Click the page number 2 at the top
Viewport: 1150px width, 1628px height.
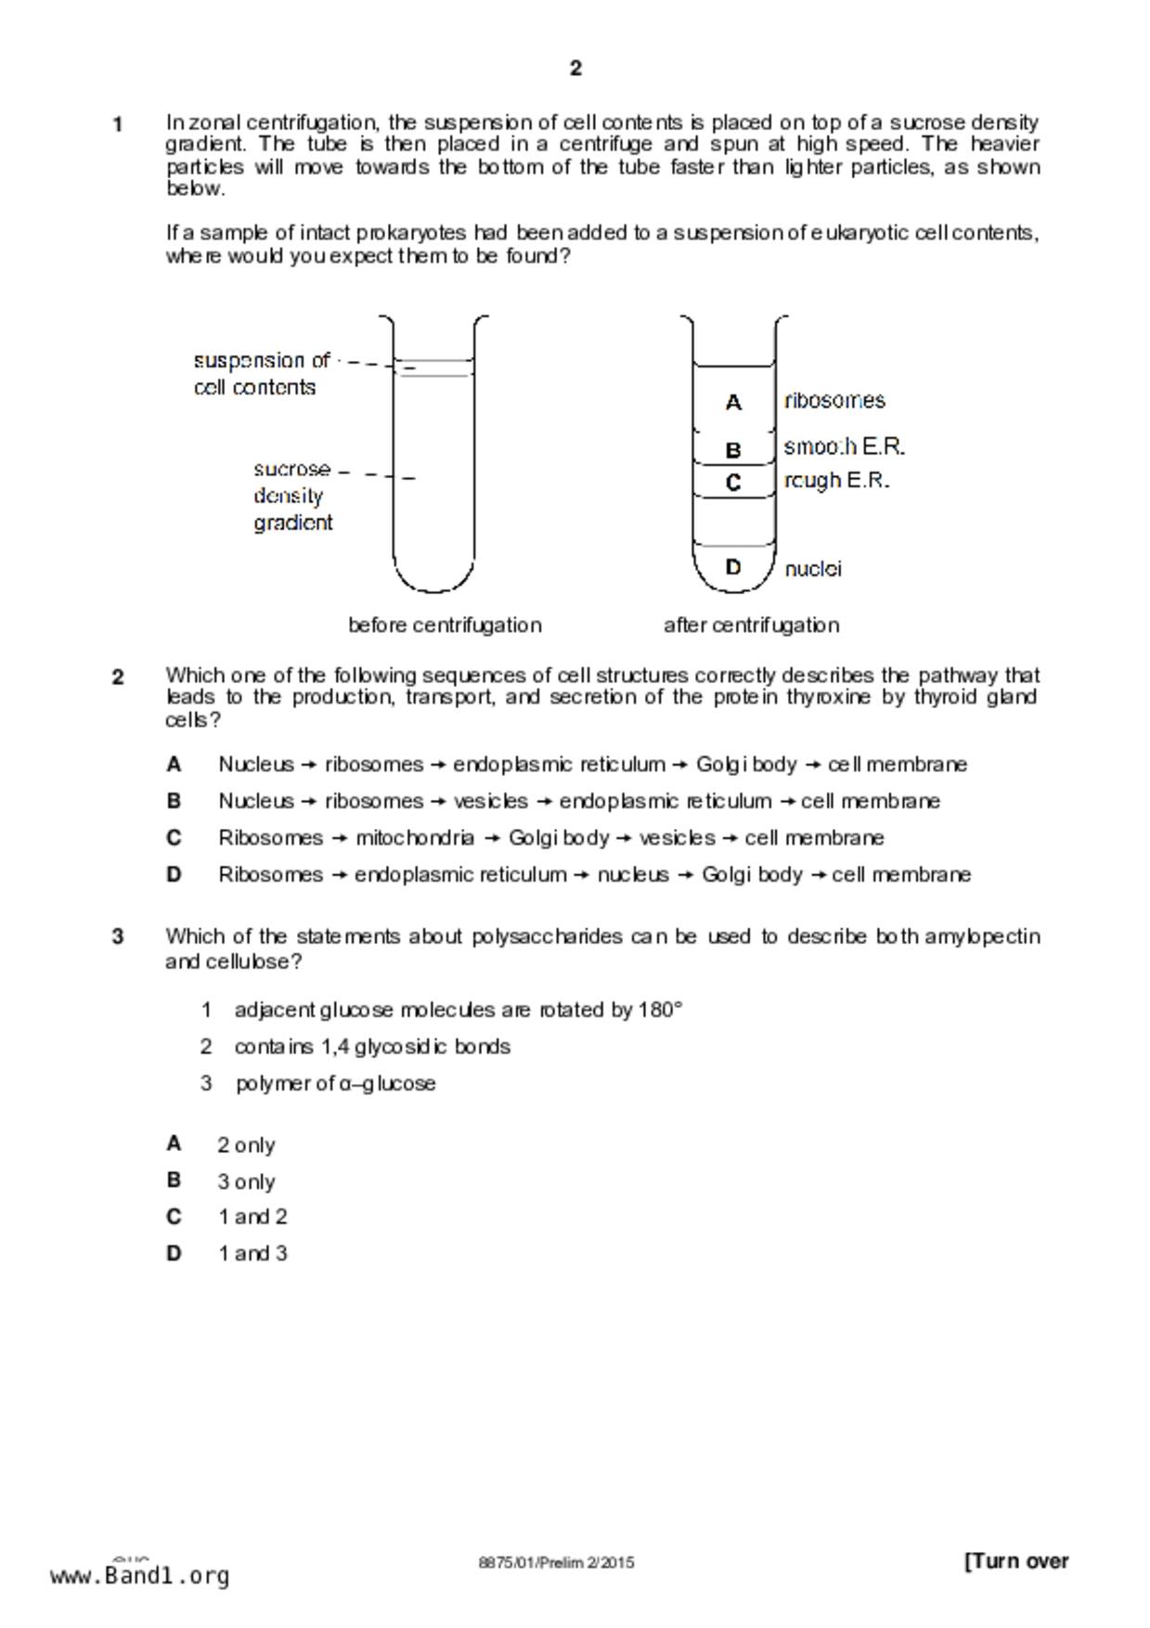(x=575, y=68)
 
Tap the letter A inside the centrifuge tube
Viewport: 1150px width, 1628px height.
(x=733, y=403)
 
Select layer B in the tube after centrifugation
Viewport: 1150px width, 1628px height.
(x=733, y=450)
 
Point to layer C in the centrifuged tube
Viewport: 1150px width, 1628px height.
(x=733, y=483)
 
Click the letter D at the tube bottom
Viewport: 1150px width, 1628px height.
(x=733, y=566)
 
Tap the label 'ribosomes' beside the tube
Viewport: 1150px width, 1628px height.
(x=834, y=401)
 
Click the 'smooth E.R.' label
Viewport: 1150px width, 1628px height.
(x=844, y=447)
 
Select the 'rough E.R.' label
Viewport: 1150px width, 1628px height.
(x=836, y=481)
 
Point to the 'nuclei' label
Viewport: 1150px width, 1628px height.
(x=813, y=569)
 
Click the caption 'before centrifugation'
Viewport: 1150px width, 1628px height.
(x=445, y=626)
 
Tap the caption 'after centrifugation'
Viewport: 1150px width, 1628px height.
(x=751, y=626)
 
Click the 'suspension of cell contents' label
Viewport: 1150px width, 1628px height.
(x=261, y=374)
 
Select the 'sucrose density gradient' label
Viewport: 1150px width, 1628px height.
(x=292, y=496)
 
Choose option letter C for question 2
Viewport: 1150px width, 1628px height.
(x=174, y=838)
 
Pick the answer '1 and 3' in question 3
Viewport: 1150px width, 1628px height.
(x=252, y=1254)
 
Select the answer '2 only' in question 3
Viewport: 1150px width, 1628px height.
(x=246, y=1145)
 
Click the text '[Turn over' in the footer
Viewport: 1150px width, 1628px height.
(x=1016, y=1561)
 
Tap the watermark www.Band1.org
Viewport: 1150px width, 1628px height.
(x=139, y=1575)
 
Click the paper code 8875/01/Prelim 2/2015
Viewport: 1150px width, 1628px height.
(x=556, y=1562)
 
